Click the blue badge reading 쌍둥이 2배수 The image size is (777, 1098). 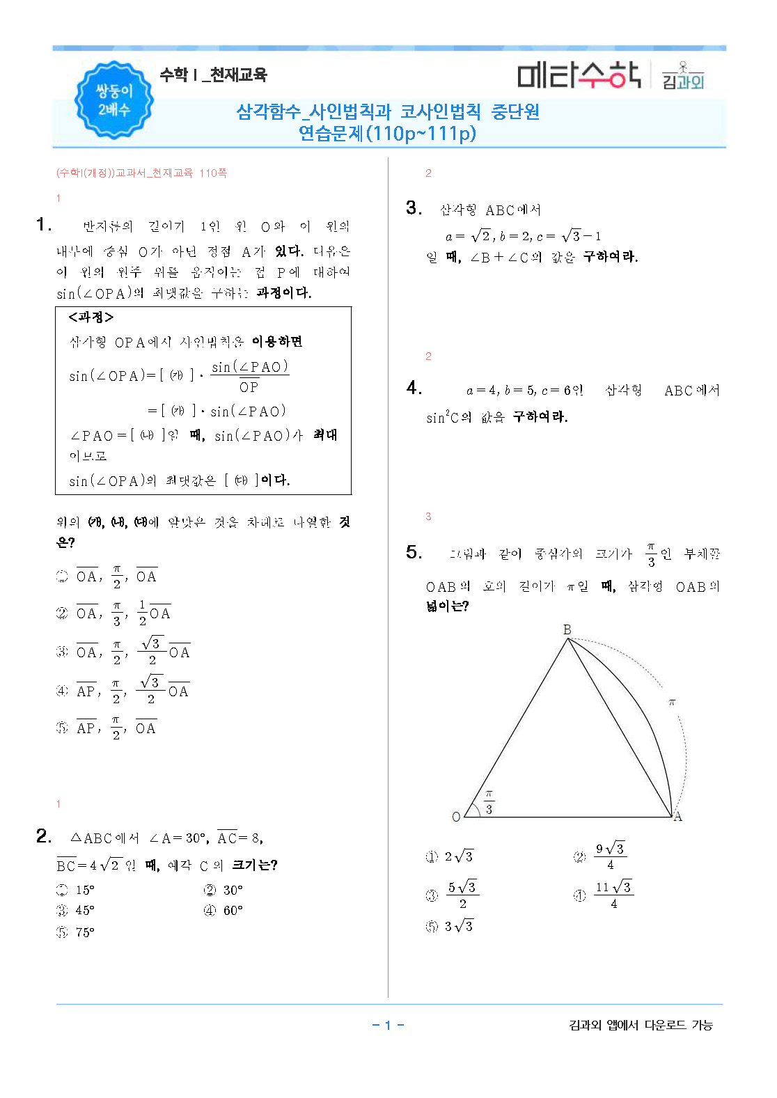pyautogui.click(x=113, y=100)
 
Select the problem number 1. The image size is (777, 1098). pyautogui.click(x=44, y=224)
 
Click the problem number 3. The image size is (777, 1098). pyautogui.click(x=414, y=208)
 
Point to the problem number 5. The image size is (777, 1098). pyautogui.click(x=414, y=553)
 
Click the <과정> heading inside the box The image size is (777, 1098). pyautogui.click(x=91, y=317)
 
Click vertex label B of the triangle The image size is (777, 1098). pyautogui.click(x=567, y=629)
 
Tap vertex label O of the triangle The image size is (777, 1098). pyautogui.click(x=456, y=817)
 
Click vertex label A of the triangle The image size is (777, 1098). pyautogui.click(x=678, y=817)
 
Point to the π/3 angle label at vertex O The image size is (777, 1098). pyautogui.click(x=489, y=802)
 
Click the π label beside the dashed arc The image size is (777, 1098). pyautogui.click(x=672, y=703)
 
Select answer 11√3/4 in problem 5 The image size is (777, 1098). pyautogui.click(x=613, y=895)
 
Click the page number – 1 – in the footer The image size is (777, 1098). pyautogui.click(x=388, y=1025)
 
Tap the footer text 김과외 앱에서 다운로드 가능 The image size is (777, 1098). pyautogui.click(x=641, y=1025)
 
